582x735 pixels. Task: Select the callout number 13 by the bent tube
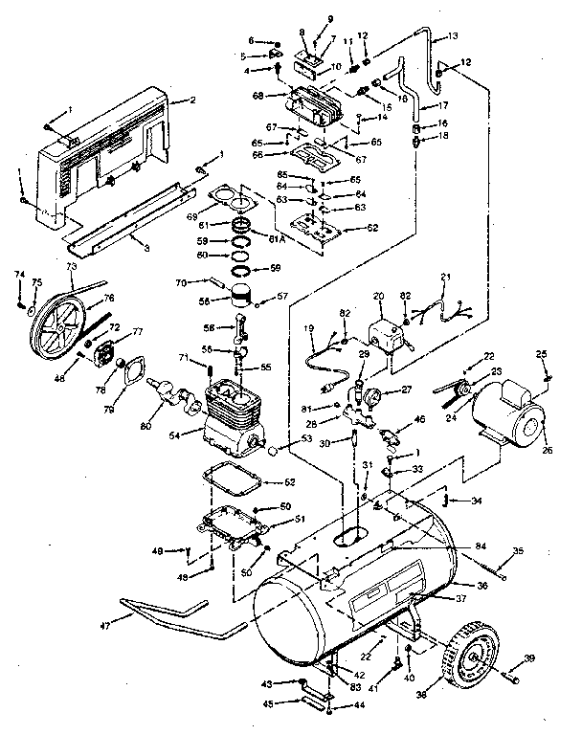coord(454,35)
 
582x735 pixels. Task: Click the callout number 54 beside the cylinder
coord(174,435)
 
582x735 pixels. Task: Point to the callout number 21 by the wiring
coord(443,277)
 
